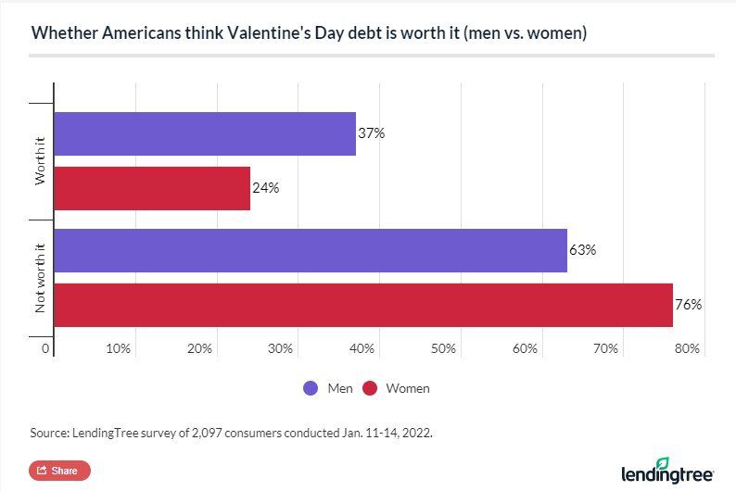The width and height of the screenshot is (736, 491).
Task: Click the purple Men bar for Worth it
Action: pyautogui.click(x=205, y=133)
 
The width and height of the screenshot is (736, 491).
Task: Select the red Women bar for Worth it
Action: pyautogui.click(x=152, y=188)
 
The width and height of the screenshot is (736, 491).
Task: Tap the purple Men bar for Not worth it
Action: pyautogui.click(x=311, y=250)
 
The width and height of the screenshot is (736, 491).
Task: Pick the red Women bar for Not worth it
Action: pyautogui.click(x=363, y=305)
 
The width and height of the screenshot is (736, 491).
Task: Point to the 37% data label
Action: pyautogui.click(x=372, y=133)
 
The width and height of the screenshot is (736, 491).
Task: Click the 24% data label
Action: pyautogui.click(x=266, y=188)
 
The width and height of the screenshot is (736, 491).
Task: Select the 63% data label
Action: pyautogui.click(x=582, y=250)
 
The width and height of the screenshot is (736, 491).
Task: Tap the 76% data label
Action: pyautogui.click(x=689, y=305)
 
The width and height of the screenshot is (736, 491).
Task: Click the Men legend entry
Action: pyautogui.click(x=329, y=388)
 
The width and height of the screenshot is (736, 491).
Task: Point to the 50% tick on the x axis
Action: pyautogui.click(x=443, y=348)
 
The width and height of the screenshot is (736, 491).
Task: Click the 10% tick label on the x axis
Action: pyautogui.click(x=118, y=348)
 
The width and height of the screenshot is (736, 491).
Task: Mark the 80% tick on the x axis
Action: pyautogui.click(x=687, y=348)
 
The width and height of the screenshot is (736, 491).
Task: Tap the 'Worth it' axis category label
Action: pyautogui.click(x=40, y=161)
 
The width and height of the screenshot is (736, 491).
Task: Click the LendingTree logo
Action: pyautogui.click(x=667, y=470)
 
